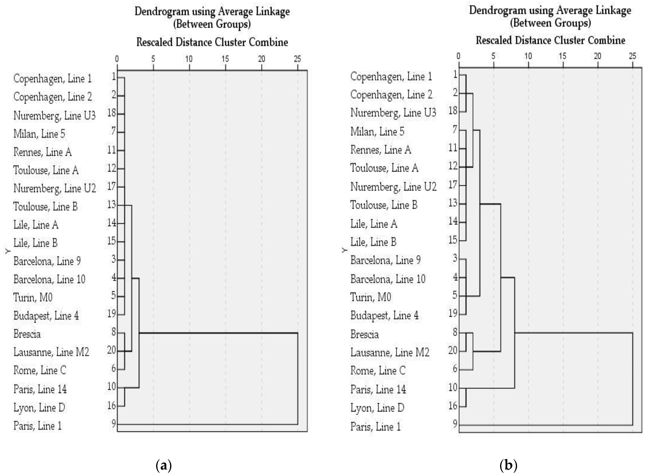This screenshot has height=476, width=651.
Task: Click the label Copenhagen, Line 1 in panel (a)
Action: pos(52,79)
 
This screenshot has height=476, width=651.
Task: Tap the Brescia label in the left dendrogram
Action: pos(27,334)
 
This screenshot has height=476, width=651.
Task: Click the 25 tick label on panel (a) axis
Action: pos(297,59)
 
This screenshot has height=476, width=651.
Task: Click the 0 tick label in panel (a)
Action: pos(117,59)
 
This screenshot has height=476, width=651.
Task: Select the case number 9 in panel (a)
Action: pos(114,423)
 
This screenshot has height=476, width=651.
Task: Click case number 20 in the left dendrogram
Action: pos(112,350)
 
